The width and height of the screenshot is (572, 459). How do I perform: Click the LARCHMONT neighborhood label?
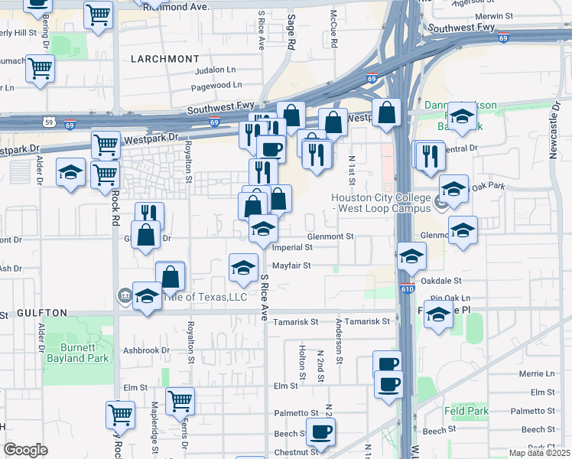tap(164, 59)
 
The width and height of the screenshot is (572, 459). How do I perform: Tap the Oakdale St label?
tap(451, 281)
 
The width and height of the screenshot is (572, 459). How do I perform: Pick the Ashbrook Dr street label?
tap(145, 350)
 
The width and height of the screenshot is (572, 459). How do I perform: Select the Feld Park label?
tap(470, 411)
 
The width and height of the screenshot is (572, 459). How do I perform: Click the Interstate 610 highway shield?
tap(408, 288)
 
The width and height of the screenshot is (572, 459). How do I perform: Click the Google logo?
tap(25, 449)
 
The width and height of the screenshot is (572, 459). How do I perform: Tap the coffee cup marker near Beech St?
tap(320, 430)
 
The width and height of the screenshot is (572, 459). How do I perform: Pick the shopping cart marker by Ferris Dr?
tap(180, 399)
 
